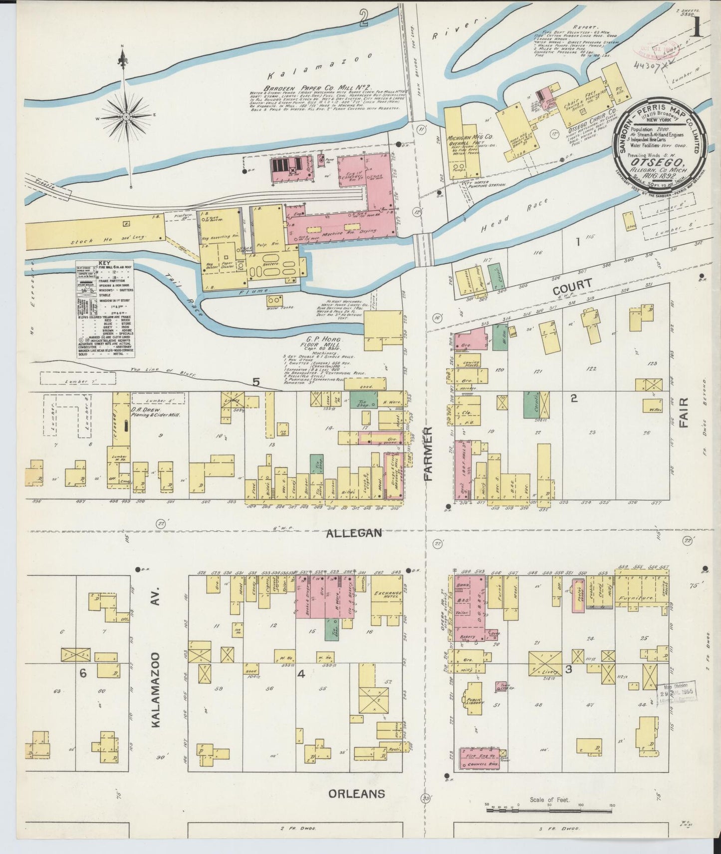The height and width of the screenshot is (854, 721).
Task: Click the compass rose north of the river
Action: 126,116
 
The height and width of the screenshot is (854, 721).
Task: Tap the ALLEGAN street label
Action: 354,533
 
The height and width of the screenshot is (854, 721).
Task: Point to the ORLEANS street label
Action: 356,793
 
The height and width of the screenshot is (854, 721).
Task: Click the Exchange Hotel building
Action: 387,598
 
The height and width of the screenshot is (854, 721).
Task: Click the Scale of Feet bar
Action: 549,806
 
